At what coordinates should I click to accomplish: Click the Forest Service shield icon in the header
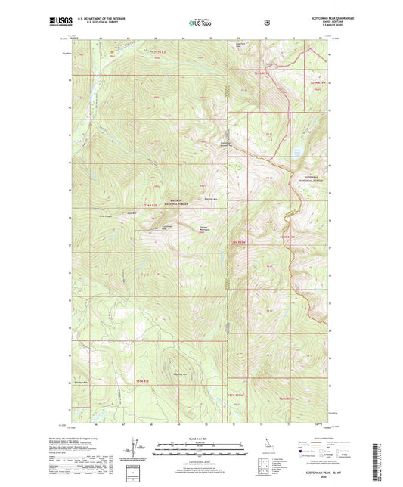tap(266, 23)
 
